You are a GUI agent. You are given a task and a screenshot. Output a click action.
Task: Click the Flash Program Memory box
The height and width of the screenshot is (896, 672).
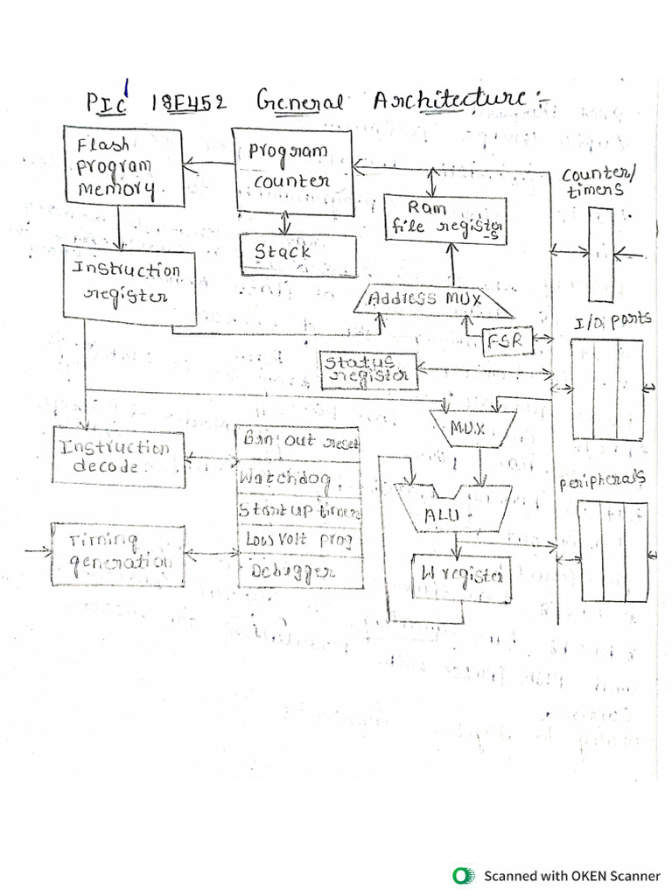tap(123, 166)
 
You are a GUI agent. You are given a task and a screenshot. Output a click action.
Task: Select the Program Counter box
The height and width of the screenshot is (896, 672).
tap(291, 170)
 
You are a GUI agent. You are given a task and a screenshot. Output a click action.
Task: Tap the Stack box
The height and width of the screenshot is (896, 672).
tap(298, 253)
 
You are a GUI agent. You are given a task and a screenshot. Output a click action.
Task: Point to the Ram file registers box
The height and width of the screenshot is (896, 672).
tap(446, 218)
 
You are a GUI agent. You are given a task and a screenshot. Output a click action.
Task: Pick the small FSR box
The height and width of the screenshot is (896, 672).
tap(507, 341)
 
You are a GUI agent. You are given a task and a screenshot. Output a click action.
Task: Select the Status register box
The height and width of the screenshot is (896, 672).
tap(368, 370)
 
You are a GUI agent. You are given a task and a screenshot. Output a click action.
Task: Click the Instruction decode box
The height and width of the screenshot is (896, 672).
tap(118, 458)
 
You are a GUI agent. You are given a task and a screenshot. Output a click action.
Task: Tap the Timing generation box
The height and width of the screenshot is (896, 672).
tap(118, 555)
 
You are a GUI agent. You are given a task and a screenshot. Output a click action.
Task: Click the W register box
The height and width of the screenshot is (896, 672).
tap(461, 577)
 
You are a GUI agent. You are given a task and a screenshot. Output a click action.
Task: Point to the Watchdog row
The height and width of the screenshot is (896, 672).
tap(298, 479)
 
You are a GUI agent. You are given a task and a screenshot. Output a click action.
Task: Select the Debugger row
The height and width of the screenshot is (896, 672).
tap(298, 571)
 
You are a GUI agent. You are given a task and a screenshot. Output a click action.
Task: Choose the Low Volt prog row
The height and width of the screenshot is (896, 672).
tap(298, 540)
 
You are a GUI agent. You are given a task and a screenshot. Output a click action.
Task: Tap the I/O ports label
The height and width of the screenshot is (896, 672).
tap(612, 322)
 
